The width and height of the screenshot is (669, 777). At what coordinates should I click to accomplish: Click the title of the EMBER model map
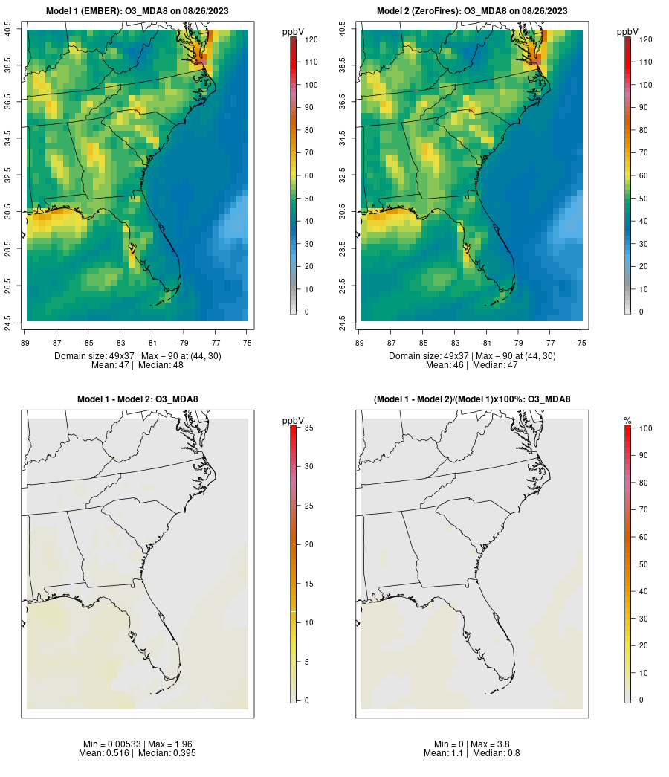click(138, 10)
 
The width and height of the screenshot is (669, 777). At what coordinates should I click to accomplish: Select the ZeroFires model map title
click(472, 10)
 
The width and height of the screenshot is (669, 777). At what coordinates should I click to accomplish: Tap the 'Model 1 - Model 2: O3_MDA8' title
click(138, 399)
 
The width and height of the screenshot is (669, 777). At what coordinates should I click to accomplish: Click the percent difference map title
click(472, 399)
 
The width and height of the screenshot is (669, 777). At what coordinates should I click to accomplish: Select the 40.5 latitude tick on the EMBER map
click(8, 30)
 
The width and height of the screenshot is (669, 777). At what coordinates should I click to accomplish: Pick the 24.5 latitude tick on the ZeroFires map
click(343, 321)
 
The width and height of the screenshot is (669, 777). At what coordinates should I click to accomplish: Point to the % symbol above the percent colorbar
click(627, 421)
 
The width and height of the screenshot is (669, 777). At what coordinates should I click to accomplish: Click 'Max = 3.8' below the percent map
click(491, 744)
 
